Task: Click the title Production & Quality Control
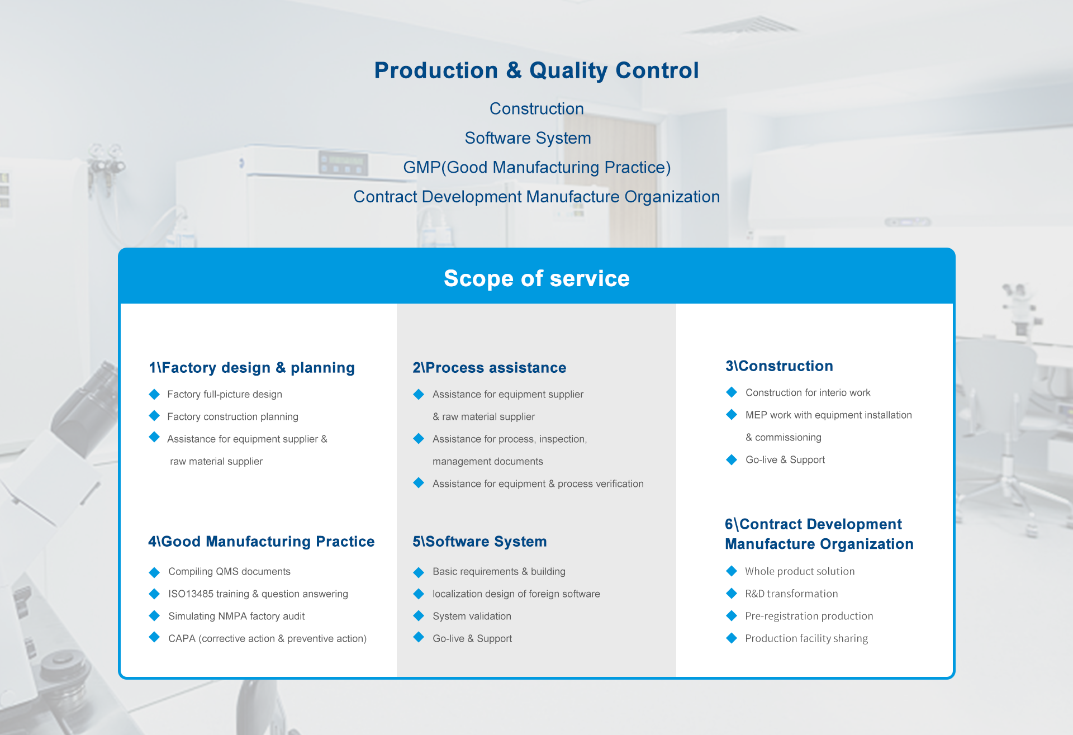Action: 536,71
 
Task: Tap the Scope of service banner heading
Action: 536,278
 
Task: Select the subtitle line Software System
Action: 528,138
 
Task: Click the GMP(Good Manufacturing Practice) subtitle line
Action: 536,168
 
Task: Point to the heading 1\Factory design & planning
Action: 251,368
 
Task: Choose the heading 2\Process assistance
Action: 490,368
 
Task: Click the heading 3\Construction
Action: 779,366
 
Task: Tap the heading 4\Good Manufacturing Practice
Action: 262,542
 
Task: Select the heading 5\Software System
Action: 479,542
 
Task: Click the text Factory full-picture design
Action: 225,395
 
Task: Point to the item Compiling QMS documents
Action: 229,572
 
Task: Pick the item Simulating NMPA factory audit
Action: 236,617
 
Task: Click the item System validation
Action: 472,617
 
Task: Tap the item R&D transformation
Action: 791,594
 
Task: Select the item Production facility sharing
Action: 806,638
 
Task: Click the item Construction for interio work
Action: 808,393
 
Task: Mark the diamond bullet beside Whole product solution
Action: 732,571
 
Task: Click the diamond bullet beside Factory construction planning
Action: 155,416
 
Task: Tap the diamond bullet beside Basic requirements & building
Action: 419,572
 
